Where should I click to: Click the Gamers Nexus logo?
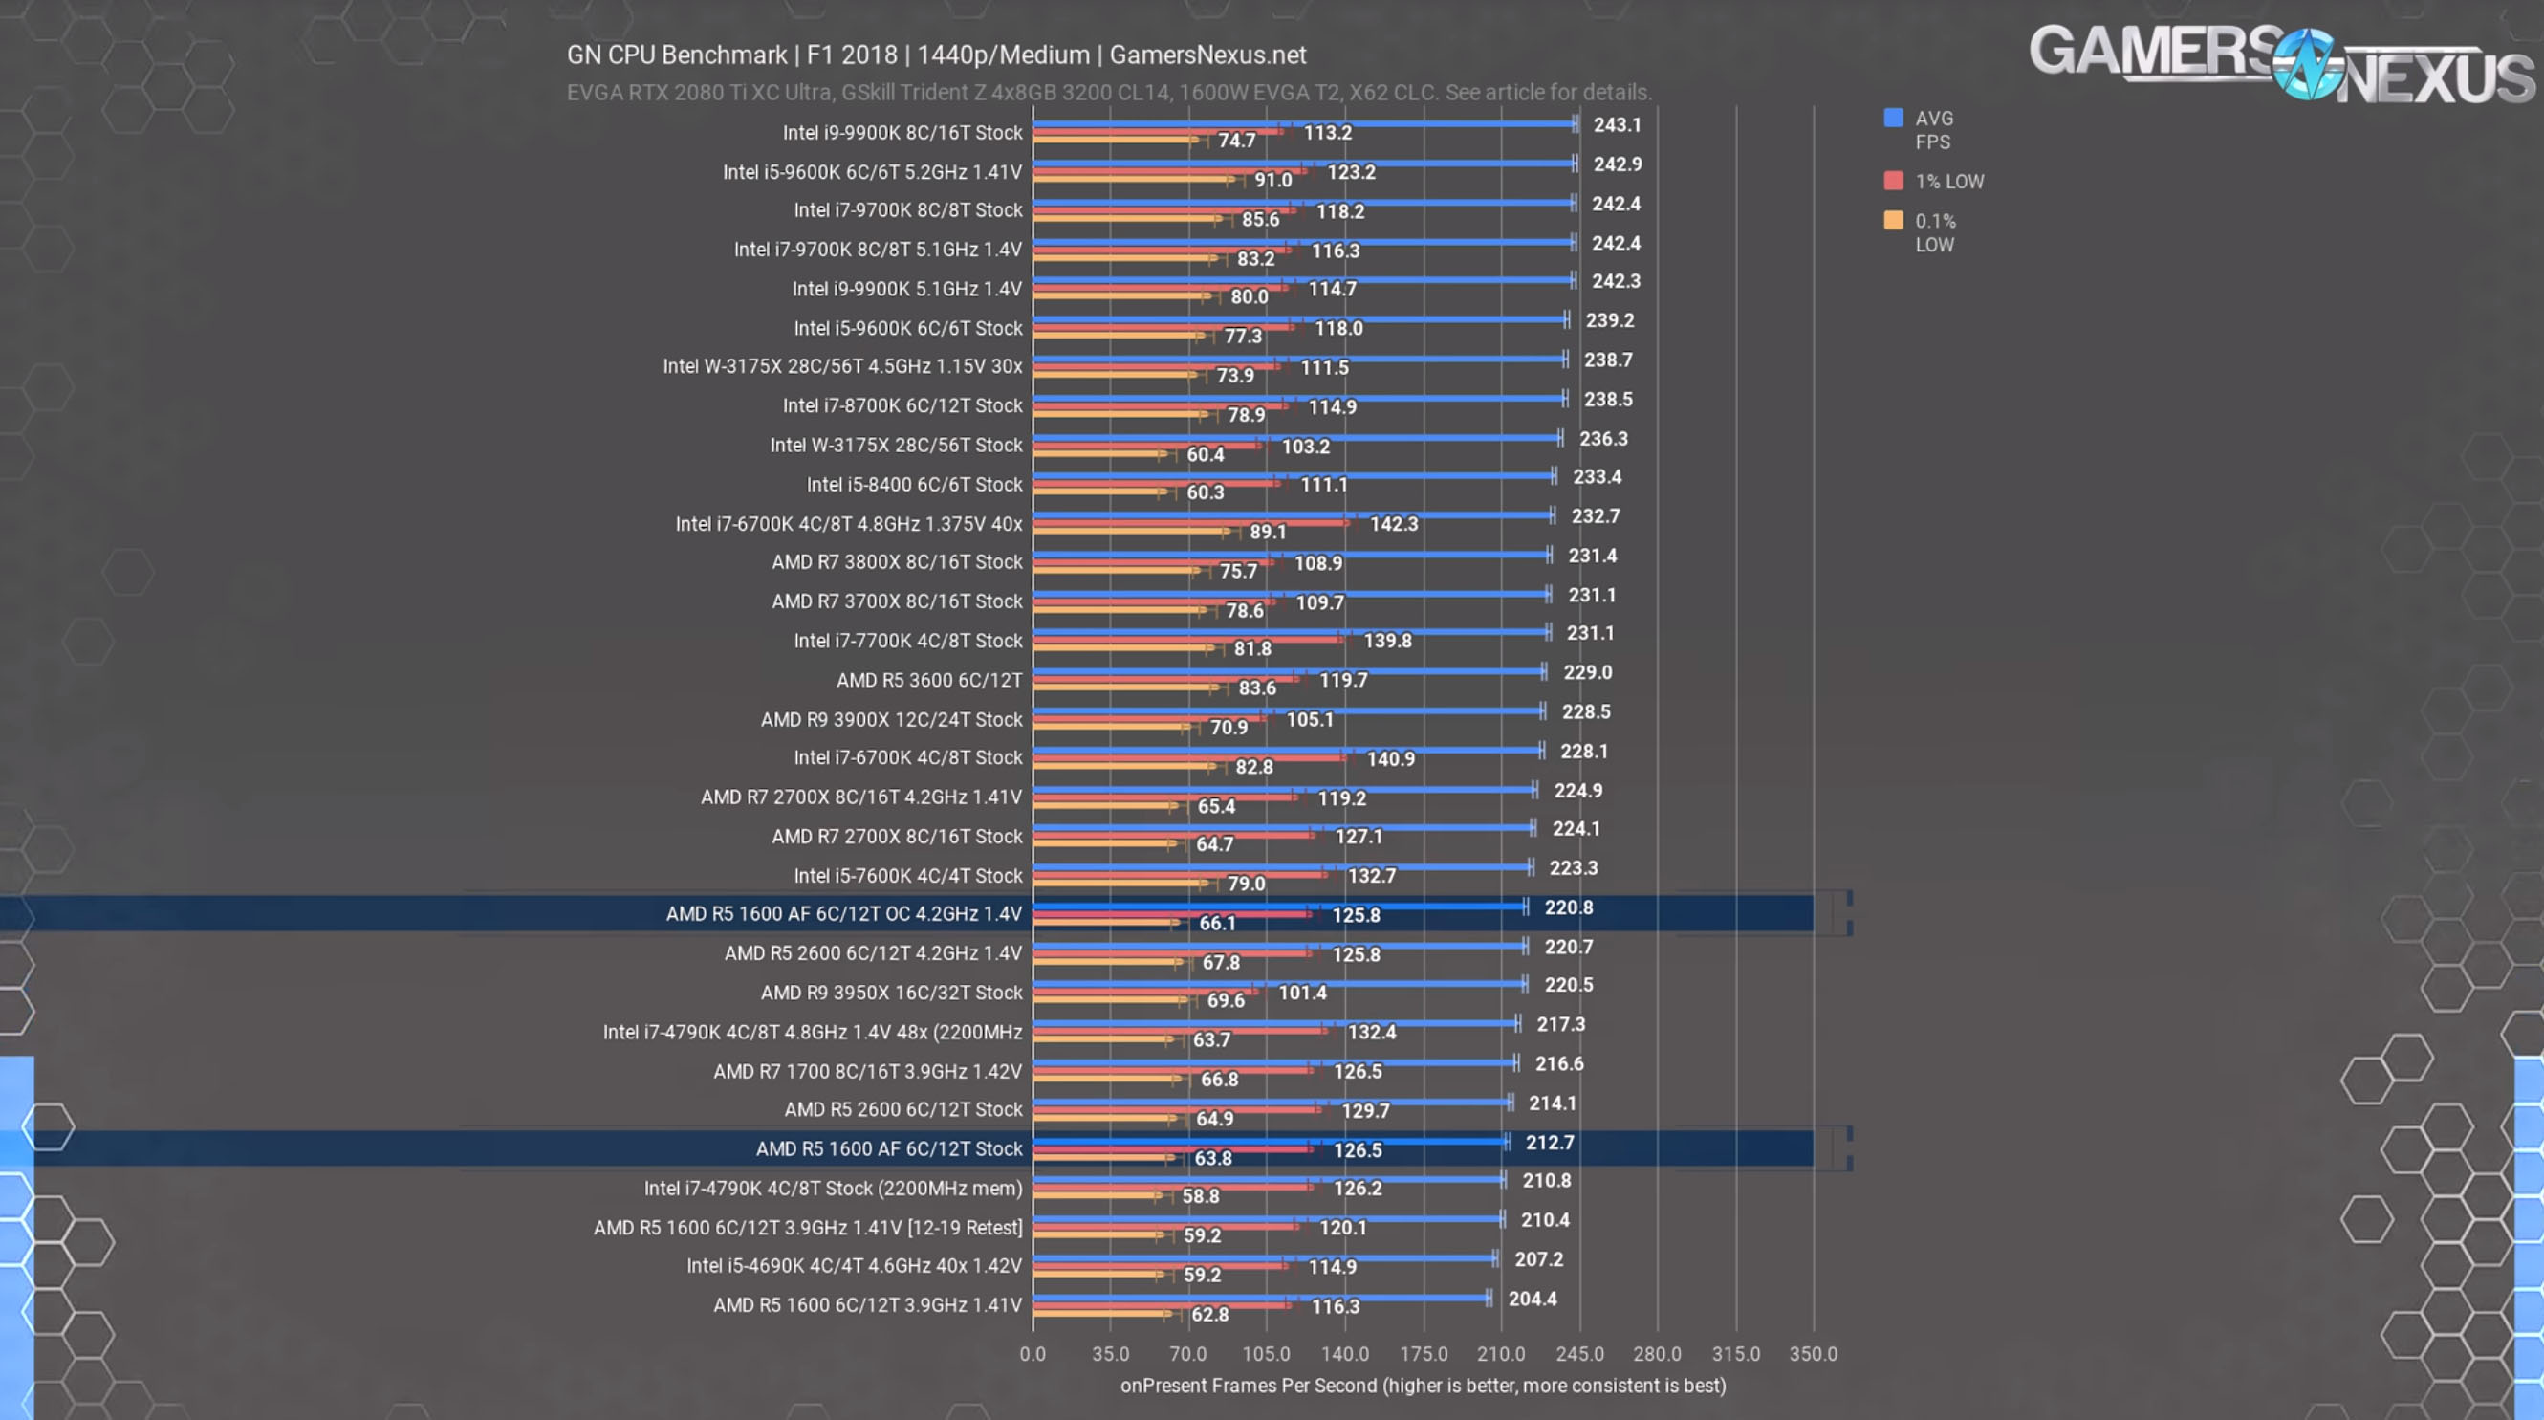(2281, 65)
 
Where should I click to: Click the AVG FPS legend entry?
(1932, 129)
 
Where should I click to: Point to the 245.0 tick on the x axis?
(1579, 1354)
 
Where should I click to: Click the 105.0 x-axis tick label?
(1266, 1354)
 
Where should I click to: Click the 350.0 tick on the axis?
(1814, 1354)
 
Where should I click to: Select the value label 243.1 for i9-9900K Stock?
(1617, 125)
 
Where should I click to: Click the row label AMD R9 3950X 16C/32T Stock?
(891, 993)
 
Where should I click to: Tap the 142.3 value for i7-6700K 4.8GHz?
(1394, 524)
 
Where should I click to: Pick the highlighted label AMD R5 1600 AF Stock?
(889, 1148)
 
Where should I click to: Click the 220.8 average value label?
(1568, 907)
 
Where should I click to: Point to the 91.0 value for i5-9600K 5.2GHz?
(1273, 180)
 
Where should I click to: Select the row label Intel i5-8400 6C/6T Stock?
(914, 485)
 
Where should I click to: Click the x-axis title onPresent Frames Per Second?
(1423, 1386)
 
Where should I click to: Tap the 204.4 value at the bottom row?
(1532, 1299)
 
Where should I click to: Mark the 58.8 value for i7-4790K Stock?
(1200, 1196)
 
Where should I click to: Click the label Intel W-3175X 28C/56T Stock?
(896, 446)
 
